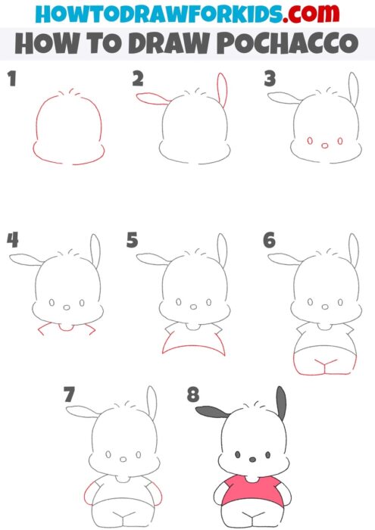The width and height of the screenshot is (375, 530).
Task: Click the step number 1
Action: point(11,78)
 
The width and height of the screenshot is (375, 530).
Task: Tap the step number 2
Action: point(138,78)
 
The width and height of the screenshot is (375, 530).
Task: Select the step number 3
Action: point(269,78)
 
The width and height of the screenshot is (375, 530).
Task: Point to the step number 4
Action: point(12,241)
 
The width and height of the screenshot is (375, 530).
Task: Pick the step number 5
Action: point(133,241)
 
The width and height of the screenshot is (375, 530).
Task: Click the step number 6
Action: point(269,241)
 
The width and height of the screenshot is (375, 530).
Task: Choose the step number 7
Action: point(70,394)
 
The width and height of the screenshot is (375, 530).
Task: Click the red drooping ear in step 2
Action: point(152,98)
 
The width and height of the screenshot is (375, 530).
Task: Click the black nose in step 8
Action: point(251,458)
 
